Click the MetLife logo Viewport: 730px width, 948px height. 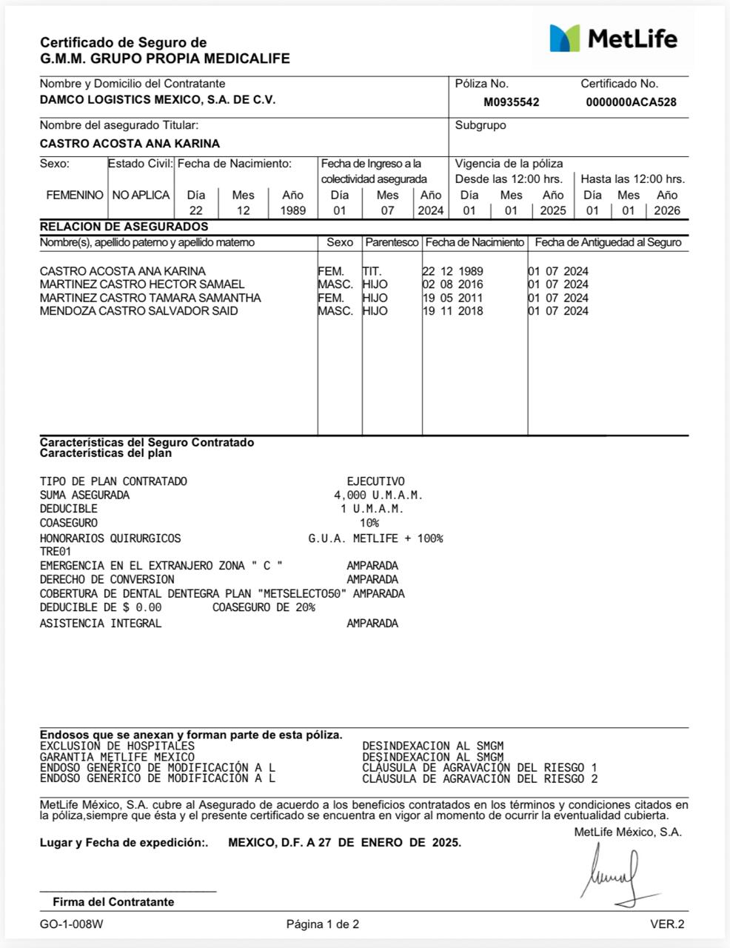613,38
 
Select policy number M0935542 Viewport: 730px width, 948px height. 512,102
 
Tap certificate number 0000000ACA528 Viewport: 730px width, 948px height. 631,102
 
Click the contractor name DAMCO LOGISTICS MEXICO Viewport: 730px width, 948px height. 157,100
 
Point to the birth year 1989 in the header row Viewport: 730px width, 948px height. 292,210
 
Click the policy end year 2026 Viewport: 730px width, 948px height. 667,210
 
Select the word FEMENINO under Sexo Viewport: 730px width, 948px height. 74,195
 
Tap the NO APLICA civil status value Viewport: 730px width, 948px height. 141,195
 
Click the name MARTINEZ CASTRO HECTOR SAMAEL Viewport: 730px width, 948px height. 142,284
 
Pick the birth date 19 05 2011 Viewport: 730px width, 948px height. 452,298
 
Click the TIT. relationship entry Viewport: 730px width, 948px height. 372,271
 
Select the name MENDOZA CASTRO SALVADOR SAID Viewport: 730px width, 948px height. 139,311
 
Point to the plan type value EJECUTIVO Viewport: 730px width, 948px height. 375,481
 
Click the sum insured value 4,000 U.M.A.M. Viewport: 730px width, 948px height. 378,495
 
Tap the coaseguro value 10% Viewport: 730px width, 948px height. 369,523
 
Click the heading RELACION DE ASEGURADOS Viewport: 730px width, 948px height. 124,227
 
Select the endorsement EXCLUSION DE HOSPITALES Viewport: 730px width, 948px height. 117,746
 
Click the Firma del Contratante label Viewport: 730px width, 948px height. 113,901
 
